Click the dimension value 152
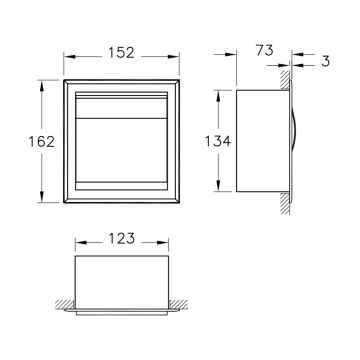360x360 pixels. pyautogui.click(x=121, y=53)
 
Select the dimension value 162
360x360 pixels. pyautogui.click(x=41, y=142)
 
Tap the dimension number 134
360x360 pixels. pyautogui.click(x=218, y=141)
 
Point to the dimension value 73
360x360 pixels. pyautogui.click(x=265, y=50)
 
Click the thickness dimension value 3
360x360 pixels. pyautogui.click(x=326, y=61)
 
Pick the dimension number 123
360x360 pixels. pyautogui.click(x=122, y=238)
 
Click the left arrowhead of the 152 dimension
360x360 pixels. pyautogui.click(x=69, y=57)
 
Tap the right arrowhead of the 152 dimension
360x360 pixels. pyautogui.click(x=174, y=57)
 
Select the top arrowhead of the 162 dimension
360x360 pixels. pyautogui.click(x=42, y=86)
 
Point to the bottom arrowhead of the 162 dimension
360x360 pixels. pyautogui.click(x=42, y=197)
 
